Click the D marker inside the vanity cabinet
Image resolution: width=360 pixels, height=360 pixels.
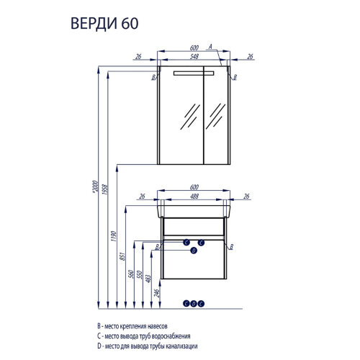tap(193, 251)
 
